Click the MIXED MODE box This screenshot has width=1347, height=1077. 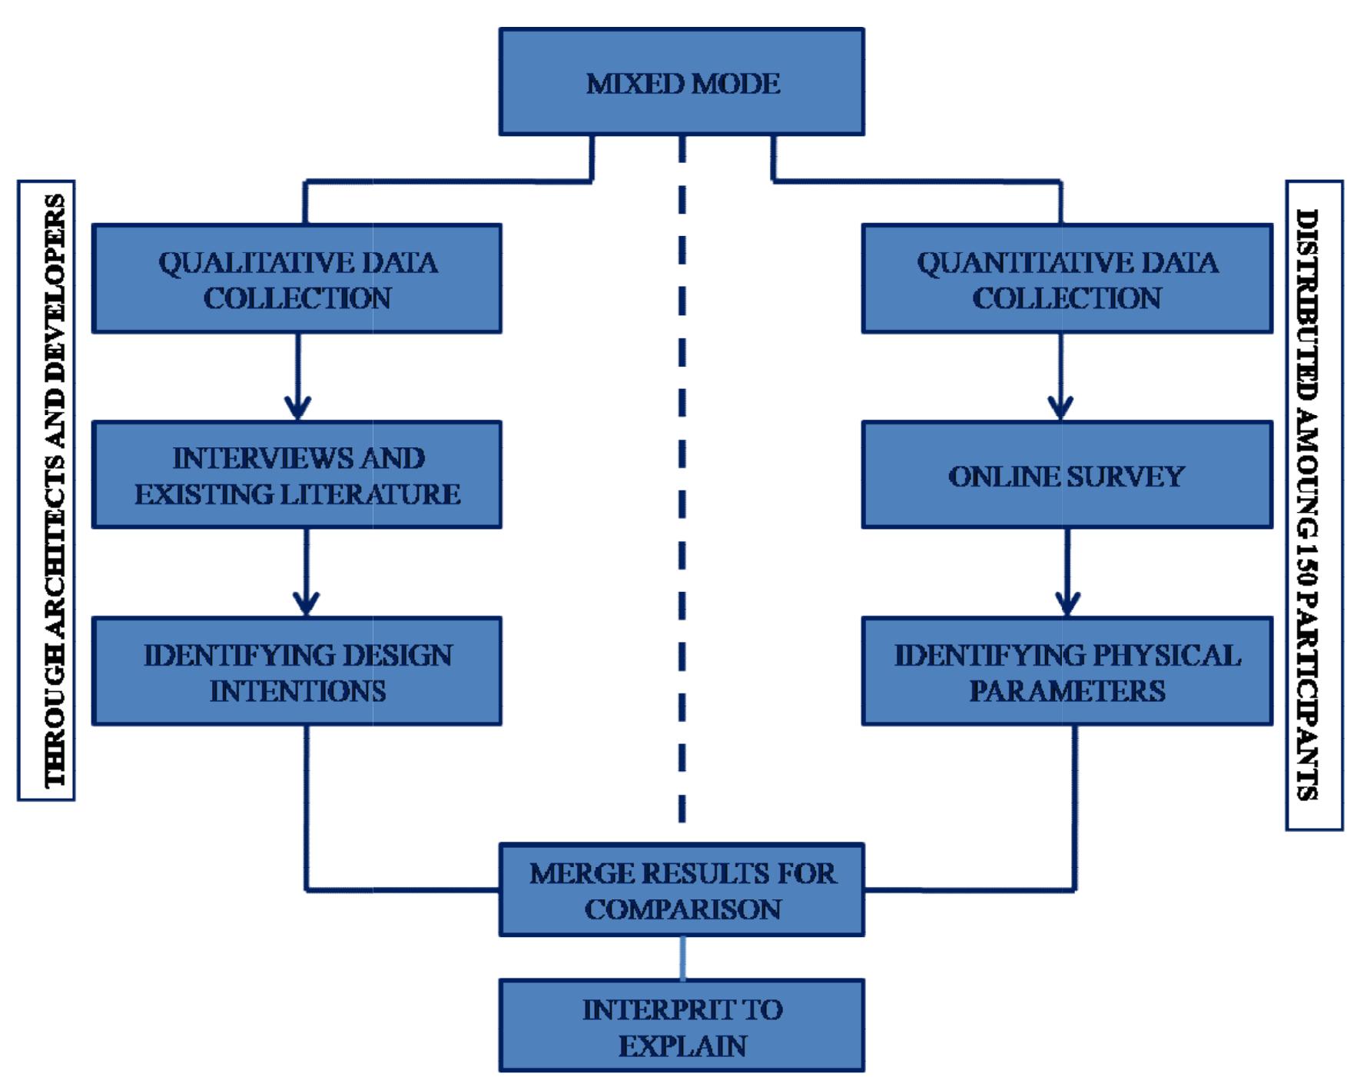[682, 82]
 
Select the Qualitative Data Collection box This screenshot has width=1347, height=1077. [297, 278]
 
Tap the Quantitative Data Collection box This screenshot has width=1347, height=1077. [1067, 278]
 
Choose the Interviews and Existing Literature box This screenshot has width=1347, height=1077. [297, 475]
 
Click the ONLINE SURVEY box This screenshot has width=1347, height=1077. [1067, 475]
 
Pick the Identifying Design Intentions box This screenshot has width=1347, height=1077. [297, 671]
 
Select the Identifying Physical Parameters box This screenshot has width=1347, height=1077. [1067, 671]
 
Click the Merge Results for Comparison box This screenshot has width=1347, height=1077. [682, 889]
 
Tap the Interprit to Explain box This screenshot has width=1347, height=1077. [682, 1025]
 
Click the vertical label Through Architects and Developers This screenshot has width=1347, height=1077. [47, 490]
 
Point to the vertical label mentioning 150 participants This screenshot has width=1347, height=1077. [1314, 505]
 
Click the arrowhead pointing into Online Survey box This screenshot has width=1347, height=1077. [1060, 408]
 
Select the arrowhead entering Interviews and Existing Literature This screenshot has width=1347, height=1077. [298, 408]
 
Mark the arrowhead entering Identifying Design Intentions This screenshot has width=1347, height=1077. [306, 604]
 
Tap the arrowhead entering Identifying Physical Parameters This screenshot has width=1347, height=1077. [1067, 604]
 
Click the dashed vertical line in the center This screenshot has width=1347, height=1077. [682, 477]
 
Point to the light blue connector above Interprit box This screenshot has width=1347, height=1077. [682, 957]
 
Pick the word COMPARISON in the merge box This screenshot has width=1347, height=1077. [682, 909]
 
